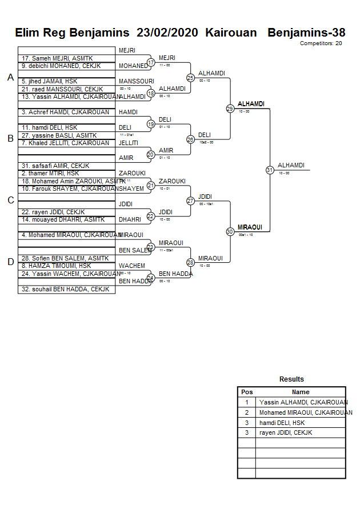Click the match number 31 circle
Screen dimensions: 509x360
click(x=270, y=170)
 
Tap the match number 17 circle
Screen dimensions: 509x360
click(x=151, y=62)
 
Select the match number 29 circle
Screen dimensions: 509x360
click(x=230, y=109)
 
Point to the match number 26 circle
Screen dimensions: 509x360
click(x=190, y=139)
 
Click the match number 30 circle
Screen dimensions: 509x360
click(x=230, y=231)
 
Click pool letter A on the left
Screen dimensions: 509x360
click(x=10, y=77)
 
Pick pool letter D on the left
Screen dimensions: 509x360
click(x=10, y=262)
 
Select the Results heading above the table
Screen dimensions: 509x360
click(x=291, y=379)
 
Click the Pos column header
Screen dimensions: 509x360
click(x=247, y=392)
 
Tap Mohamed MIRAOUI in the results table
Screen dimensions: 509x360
click(x=306, y=412)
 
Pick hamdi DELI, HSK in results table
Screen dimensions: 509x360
click(x=282, y=423)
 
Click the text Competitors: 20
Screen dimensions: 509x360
click(x=321, y=43)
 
